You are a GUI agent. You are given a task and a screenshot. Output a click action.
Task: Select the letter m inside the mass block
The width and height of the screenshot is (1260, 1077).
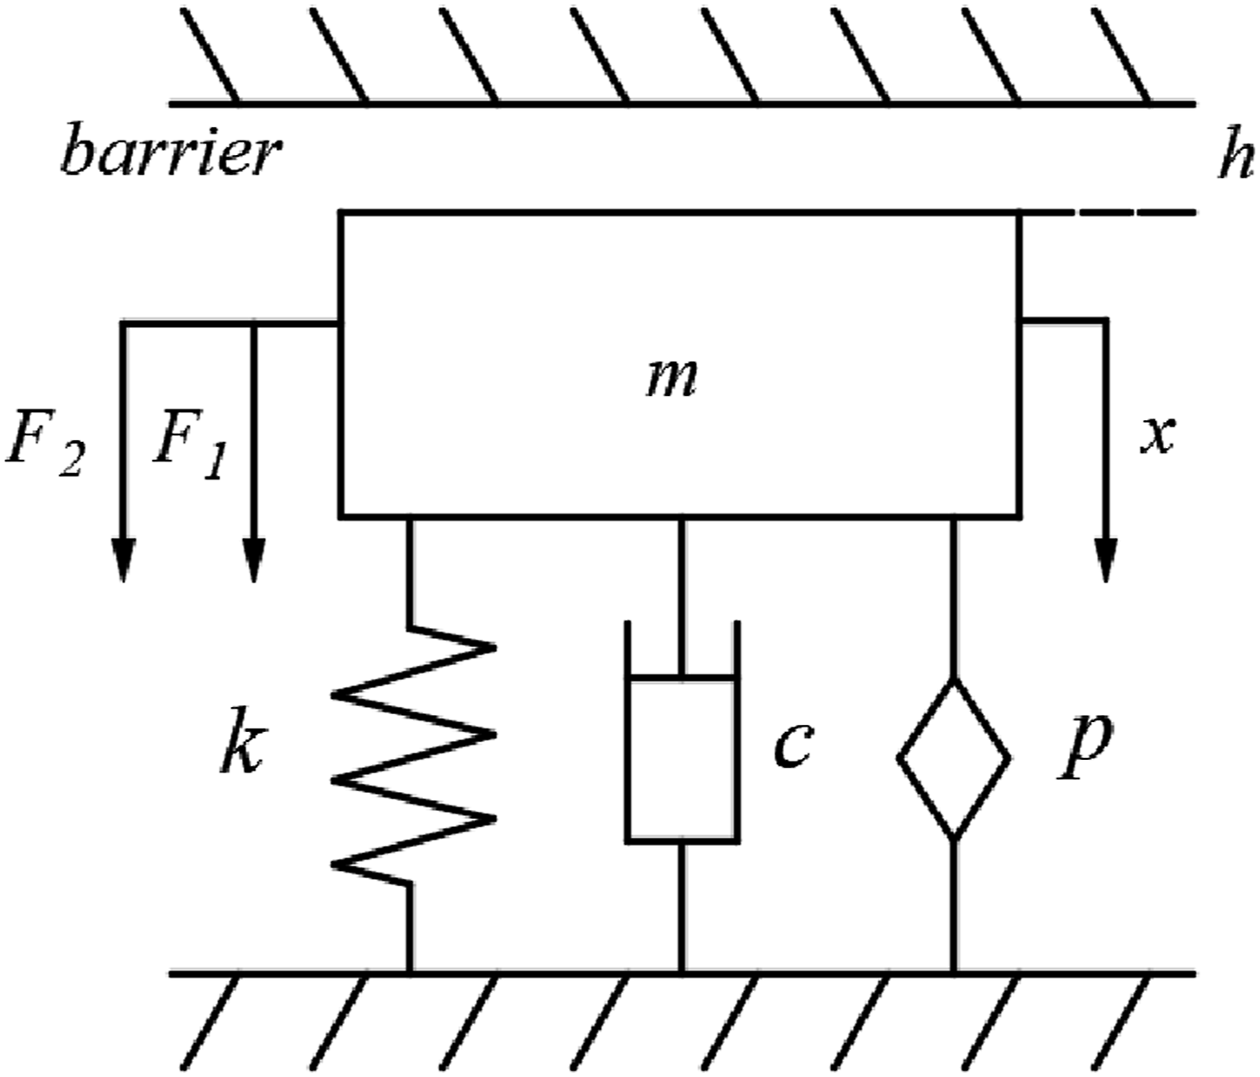671,379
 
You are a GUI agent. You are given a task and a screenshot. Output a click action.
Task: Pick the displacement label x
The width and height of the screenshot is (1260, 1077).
1157,436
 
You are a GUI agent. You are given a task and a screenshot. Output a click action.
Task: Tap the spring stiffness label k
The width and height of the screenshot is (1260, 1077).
242,741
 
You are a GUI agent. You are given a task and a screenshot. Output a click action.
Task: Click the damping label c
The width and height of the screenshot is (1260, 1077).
793,746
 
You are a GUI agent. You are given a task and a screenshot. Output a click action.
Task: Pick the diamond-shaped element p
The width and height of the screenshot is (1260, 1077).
954,758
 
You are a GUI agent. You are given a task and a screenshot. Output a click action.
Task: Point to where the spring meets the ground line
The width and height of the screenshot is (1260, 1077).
410,973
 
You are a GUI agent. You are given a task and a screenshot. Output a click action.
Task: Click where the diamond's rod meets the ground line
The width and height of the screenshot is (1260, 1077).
954,973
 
